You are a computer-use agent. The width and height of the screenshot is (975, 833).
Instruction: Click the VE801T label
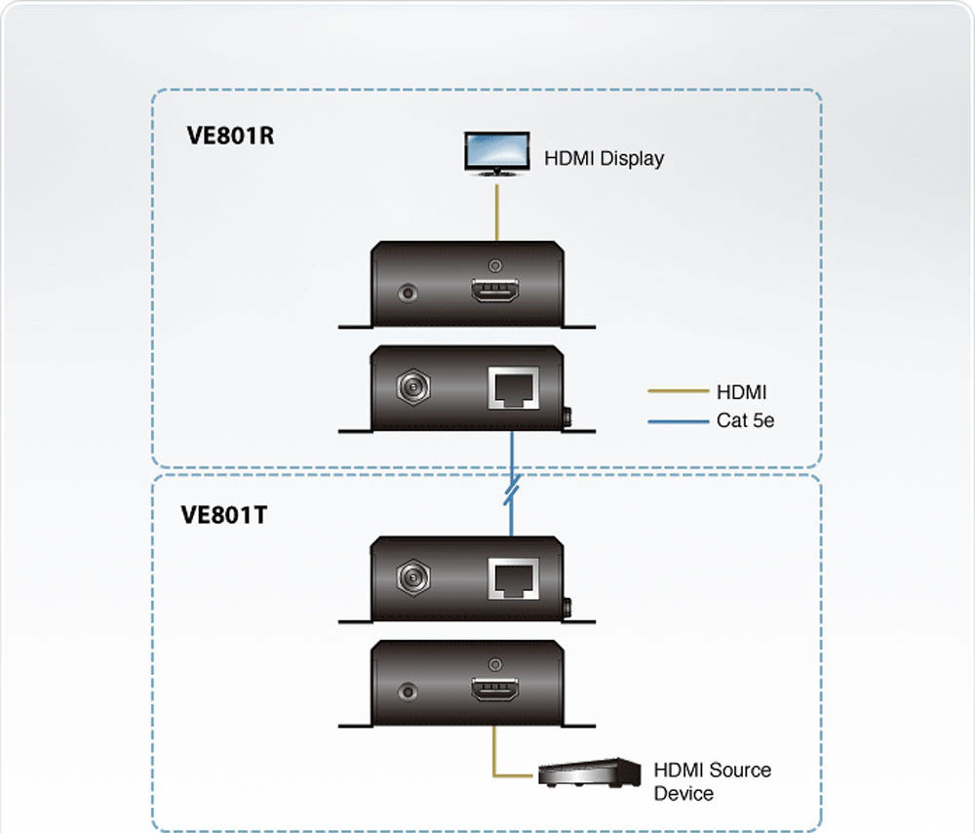224,514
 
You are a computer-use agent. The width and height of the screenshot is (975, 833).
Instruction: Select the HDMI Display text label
604,158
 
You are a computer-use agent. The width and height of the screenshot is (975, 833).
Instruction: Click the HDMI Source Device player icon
589,773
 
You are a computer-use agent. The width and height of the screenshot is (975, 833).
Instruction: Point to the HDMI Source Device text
711,781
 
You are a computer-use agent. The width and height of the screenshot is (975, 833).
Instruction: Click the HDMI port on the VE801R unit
494,292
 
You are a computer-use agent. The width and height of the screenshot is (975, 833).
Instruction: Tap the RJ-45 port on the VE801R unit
513,387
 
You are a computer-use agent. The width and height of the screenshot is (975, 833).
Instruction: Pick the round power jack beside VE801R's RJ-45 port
412,386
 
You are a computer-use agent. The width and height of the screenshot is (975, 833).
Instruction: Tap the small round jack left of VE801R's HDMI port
408,292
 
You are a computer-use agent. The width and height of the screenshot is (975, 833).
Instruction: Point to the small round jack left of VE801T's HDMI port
408,693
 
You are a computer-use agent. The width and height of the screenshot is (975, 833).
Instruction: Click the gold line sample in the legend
678,392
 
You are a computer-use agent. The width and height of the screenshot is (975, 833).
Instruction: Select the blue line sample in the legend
678,421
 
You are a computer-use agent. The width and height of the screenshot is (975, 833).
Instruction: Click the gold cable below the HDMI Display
497,210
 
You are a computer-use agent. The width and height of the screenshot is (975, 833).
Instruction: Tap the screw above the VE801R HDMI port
495,264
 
